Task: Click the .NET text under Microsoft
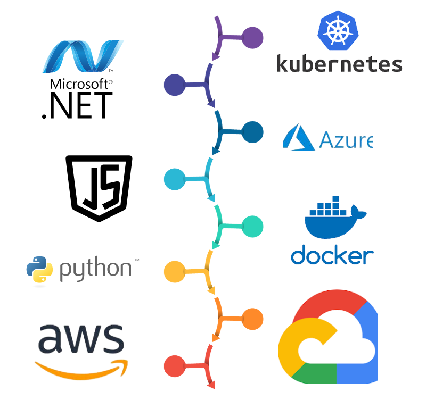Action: (77, 105)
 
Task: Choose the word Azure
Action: (345, 140)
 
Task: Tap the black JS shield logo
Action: (99, 188)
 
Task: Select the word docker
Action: (332, 255)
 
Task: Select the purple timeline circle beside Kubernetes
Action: (252, 38)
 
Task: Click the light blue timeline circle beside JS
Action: (175, 178)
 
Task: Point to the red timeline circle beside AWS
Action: (175, 366)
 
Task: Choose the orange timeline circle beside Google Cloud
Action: (252, 319)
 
